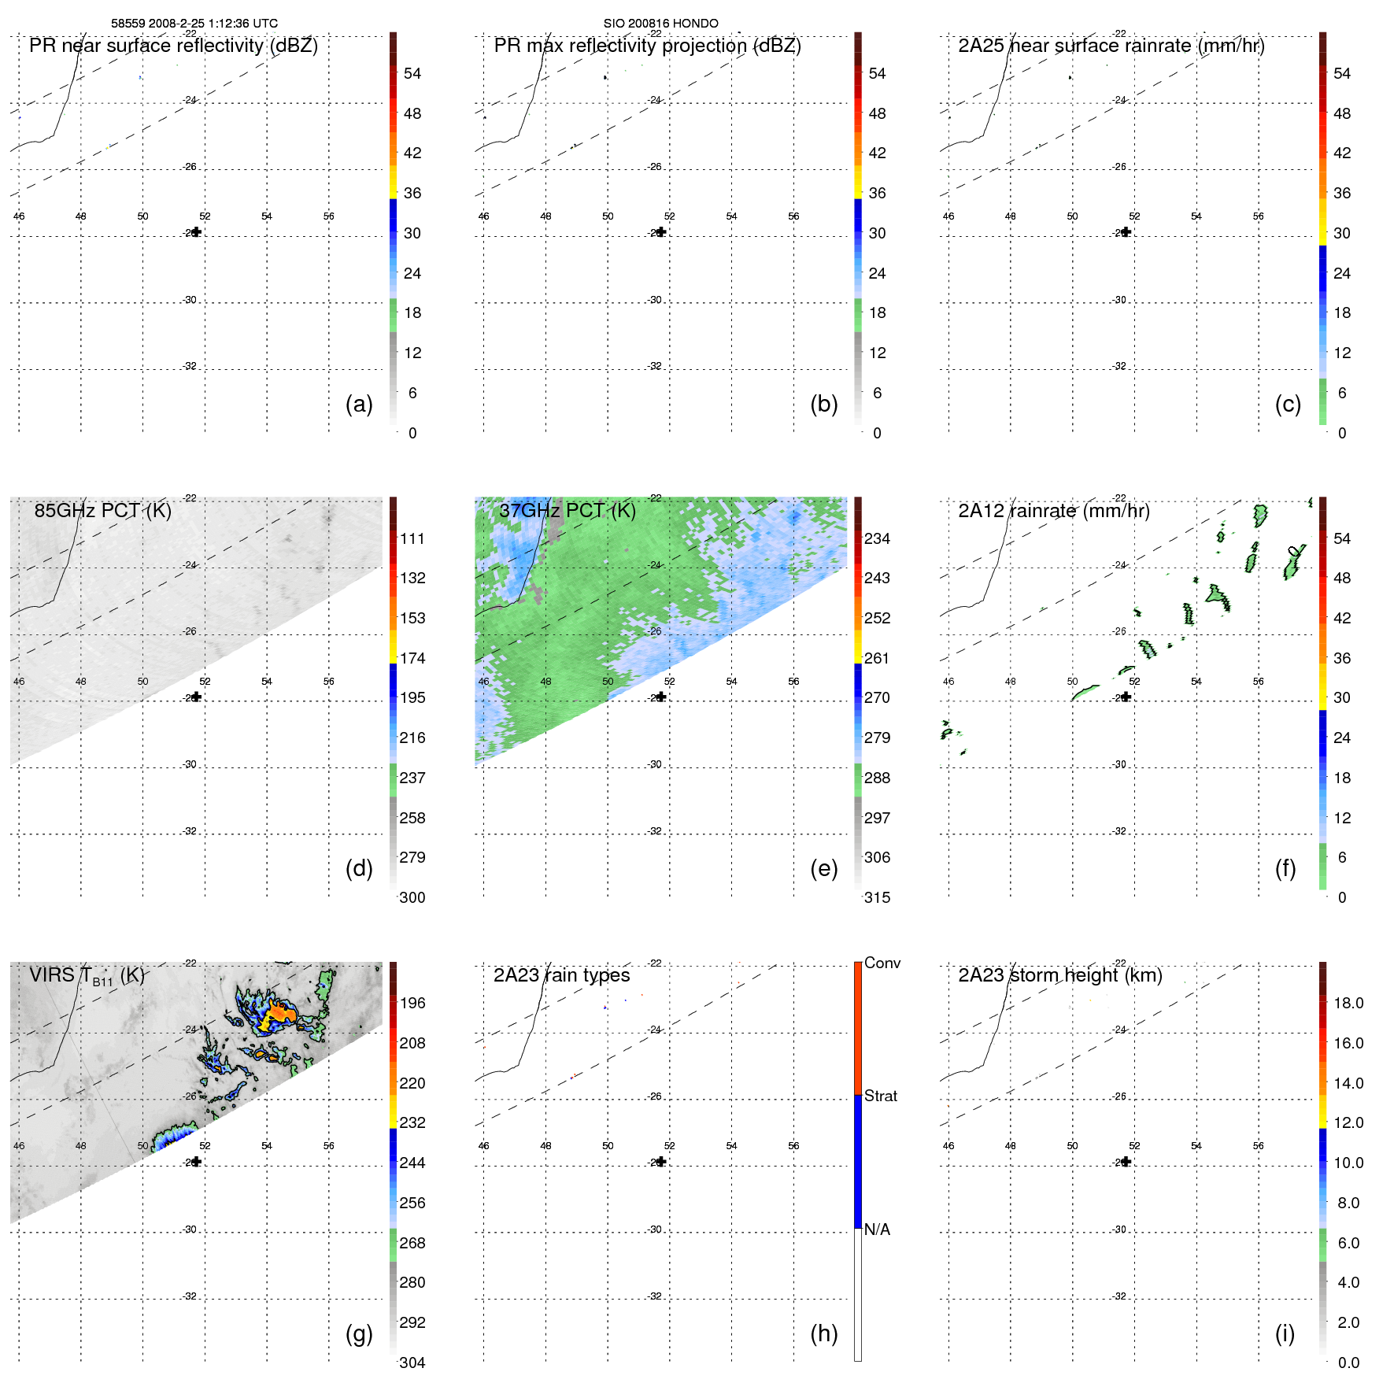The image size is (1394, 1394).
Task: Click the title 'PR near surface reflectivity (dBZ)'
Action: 173,46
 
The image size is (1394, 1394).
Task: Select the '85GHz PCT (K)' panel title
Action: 102,511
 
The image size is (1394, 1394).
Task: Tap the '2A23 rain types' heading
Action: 561,975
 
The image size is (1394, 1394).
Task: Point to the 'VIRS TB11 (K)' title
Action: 87,976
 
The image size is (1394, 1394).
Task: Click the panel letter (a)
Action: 359,404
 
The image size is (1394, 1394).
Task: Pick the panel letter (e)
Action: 823,868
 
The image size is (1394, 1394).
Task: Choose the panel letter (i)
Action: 1285,1333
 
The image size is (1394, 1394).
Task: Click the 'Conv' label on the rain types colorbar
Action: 882,963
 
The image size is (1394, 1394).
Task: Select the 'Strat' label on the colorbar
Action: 880,1096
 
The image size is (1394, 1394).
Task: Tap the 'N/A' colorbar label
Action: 877,1229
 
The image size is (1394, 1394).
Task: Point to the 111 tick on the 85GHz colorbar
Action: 412,538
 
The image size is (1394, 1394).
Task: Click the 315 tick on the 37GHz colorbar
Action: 877,897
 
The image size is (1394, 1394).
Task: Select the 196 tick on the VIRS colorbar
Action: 412,1003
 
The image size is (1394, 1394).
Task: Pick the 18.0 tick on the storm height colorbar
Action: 1348,1003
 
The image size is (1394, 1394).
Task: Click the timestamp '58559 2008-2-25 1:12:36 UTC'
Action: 194,24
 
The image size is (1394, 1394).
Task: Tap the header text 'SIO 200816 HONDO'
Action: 660,24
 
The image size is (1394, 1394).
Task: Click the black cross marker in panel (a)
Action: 196,232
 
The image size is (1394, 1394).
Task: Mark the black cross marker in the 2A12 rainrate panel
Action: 1126,697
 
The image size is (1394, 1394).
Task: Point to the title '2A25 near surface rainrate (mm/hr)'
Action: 1111,46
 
